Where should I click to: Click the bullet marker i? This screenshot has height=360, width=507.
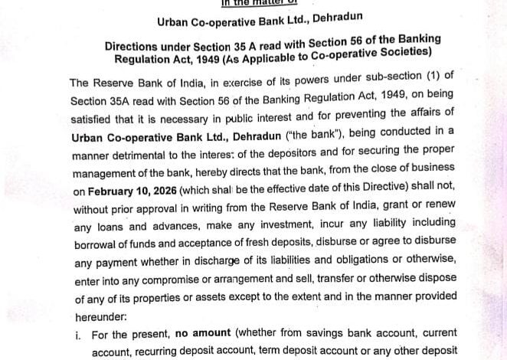[x=79, y=335]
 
